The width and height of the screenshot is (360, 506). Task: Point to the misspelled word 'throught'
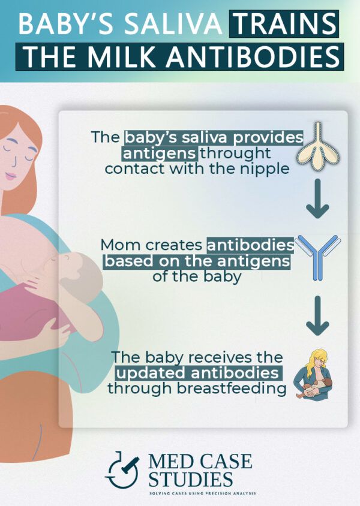point(236,153)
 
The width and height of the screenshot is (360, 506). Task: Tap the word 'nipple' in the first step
point(266,168)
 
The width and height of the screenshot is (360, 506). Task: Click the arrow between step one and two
point(317,204)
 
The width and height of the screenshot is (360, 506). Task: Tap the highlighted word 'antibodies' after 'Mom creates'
point(250,245)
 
